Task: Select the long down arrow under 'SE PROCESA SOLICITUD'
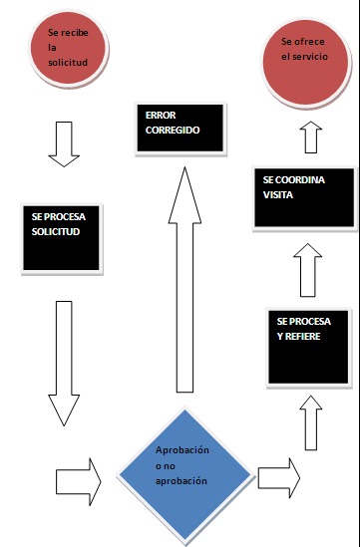pyautogui.click(x=65, y=359)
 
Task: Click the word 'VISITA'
pyautogui.click(x=279, y=195)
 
